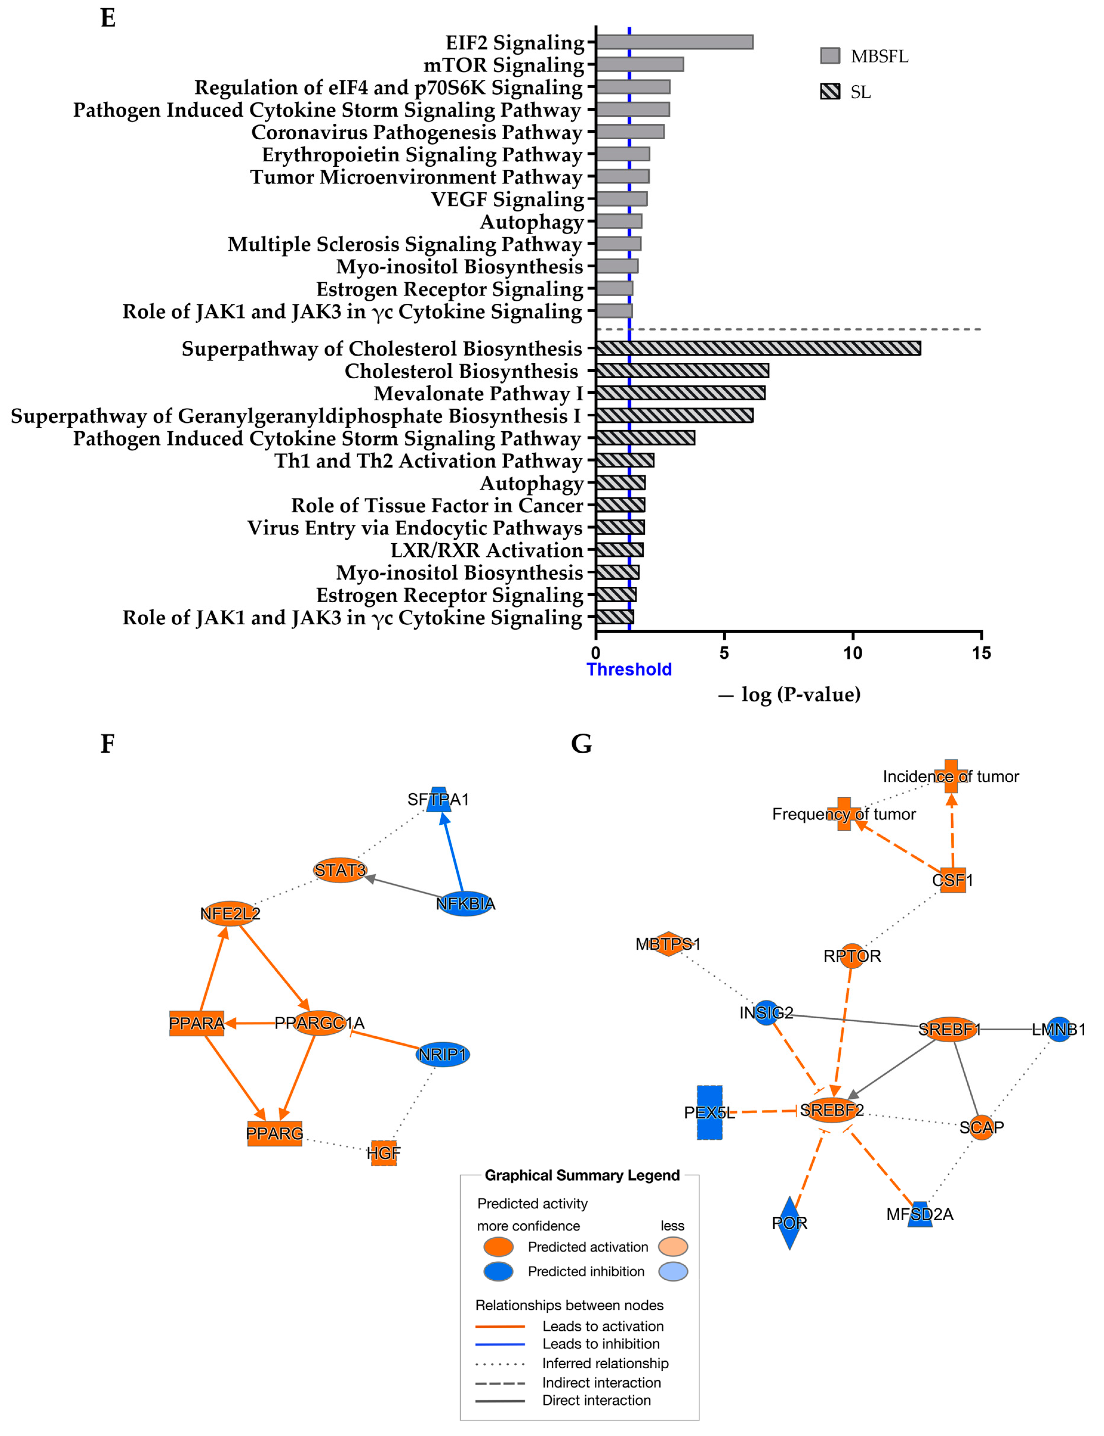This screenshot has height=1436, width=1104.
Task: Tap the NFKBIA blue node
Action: [x=465, y=904]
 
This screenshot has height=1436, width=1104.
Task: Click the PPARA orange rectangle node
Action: [x=197, y=1023]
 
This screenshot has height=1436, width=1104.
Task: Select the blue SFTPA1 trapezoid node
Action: [x=438, y=799]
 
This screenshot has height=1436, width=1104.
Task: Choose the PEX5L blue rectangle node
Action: [x=709, y=1112]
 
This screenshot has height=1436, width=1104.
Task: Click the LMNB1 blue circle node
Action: [x=1059, y=1029]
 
